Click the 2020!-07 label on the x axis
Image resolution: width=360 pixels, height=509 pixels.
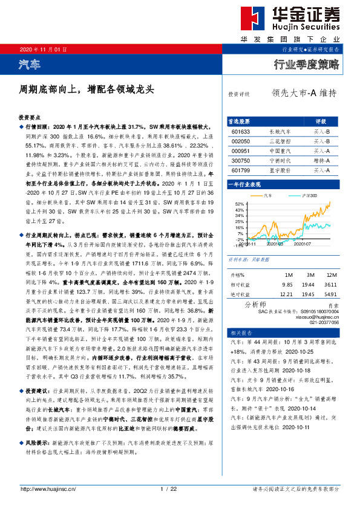coord(303,244)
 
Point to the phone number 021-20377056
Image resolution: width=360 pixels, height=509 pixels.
coord(322,322)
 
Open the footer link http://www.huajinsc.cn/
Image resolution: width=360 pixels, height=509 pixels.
coord(48,489)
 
